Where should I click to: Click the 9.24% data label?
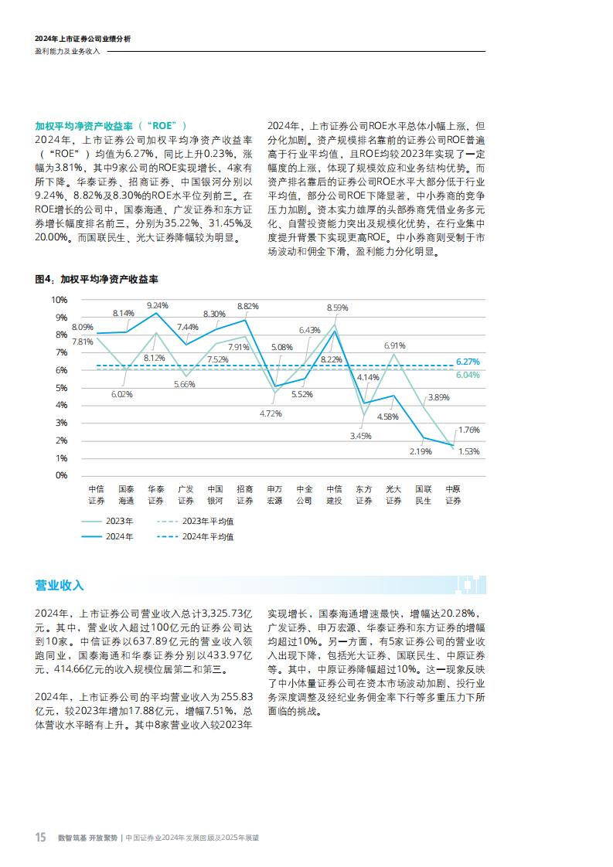157,305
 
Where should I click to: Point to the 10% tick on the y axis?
60,300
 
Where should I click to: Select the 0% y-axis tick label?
61,475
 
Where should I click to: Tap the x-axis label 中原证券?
453,495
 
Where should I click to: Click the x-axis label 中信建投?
334,495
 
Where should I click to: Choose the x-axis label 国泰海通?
126,495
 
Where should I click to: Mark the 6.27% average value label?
468,362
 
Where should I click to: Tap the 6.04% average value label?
468,375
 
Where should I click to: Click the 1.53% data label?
469,451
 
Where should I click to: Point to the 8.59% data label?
337,308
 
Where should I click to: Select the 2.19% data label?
421,451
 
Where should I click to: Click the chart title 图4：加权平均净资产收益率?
97,279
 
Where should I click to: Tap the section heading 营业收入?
60,585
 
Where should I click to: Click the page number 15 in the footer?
41,837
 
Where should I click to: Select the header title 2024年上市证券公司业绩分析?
83,39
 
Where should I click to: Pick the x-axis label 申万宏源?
274,495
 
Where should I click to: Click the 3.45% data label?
361,436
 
